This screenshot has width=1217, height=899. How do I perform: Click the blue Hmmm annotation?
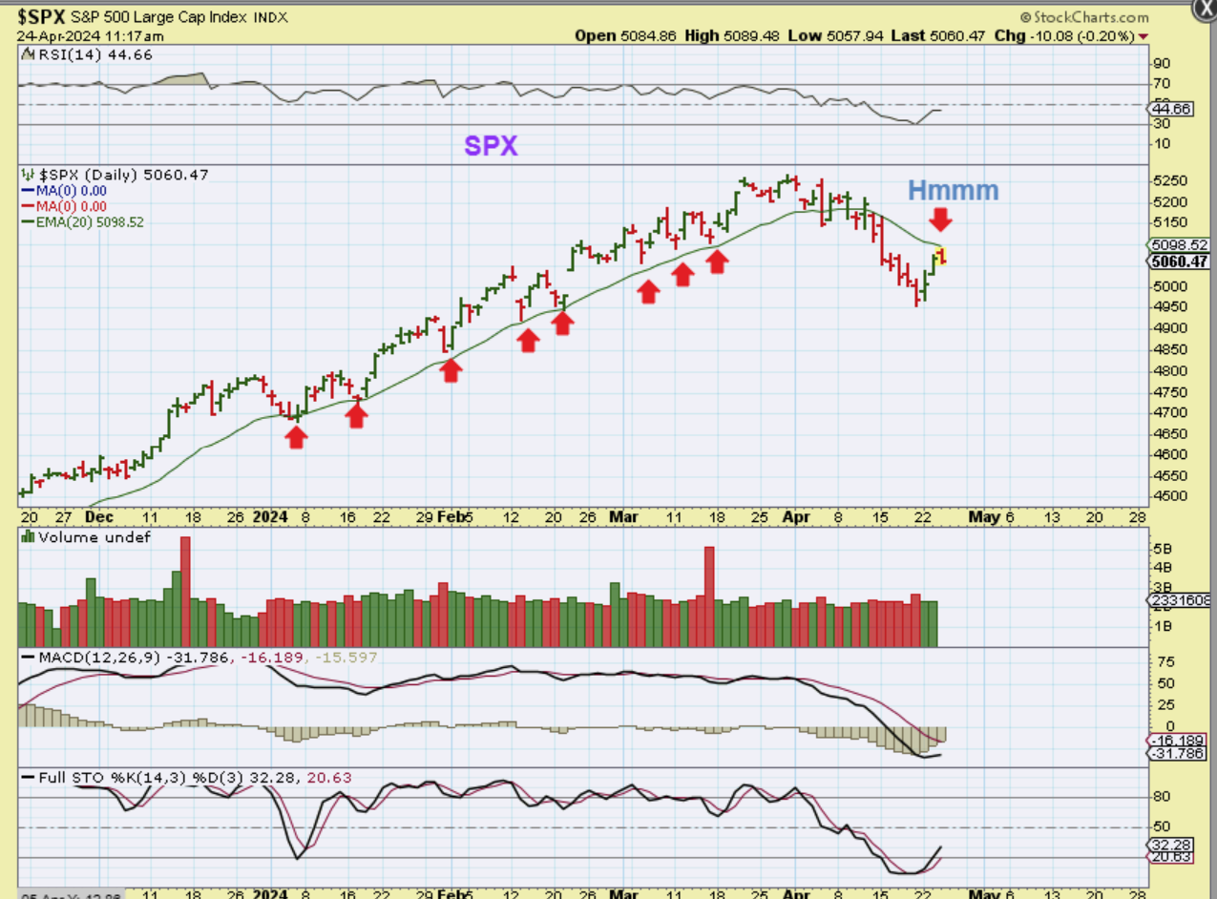tap(953, 190)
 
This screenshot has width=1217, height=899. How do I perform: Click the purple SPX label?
tap(491, 145)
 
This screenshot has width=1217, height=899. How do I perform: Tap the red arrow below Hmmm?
tap(941, 220)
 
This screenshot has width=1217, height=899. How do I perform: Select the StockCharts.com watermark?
tap(1084, 17)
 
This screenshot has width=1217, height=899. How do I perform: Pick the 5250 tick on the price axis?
tap(1168, 181)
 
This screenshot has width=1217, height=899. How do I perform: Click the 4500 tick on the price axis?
tap(1168, 496)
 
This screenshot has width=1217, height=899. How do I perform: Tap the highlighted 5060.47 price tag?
tap(1179, 261)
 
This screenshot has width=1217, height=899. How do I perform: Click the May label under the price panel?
tap(984, 516)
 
